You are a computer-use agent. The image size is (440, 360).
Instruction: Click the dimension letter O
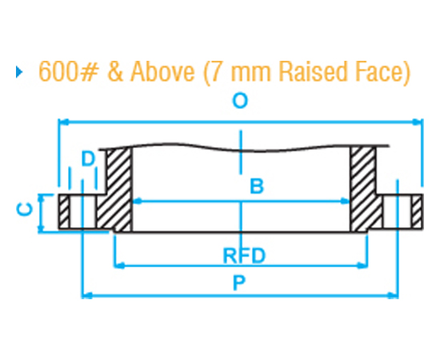[x=238, y=102]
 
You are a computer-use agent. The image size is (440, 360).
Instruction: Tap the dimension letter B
[x=256, y=186]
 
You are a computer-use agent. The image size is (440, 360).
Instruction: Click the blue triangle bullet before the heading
[x=19, y=72]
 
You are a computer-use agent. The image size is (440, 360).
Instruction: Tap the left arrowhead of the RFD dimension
[x=120, y=264]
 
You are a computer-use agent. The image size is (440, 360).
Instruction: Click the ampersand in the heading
[x=114, y=72]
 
